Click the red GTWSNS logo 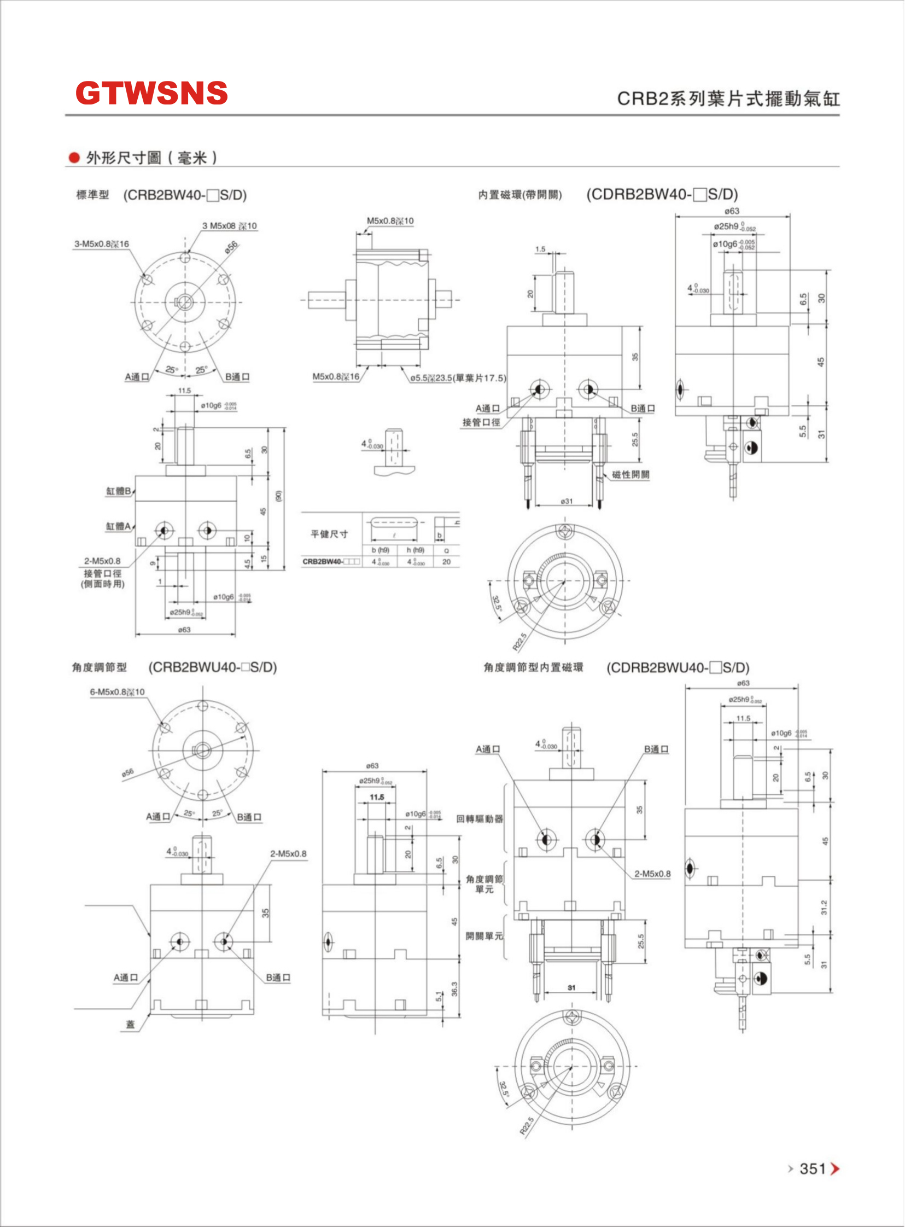[x=151, y=92]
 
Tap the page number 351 [x=813, y=1169]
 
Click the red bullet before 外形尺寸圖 [x=74, y=158]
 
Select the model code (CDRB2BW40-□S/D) [x=662, y=194]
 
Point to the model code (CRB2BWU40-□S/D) [x=213, y=667]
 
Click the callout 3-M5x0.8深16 [x=102, y=244]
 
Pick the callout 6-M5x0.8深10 [x=117, y=691]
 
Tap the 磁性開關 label [x=630, y=475]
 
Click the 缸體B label [x=118, y=491]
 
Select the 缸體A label [x=118, y=526]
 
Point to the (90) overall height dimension [x=278, y=496]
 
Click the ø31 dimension [x=567, y=501]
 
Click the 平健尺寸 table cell [x=329, y=534]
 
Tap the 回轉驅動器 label [x=480, y=819]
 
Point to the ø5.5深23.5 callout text [x=458, y=377]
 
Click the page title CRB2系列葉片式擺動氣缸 [x=728, y=98]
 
